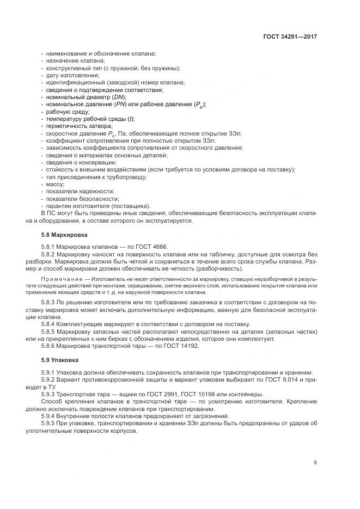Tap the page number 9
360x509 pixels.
(x=315, y=463)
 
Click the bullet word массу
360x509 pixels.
(x=54, y=185)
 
